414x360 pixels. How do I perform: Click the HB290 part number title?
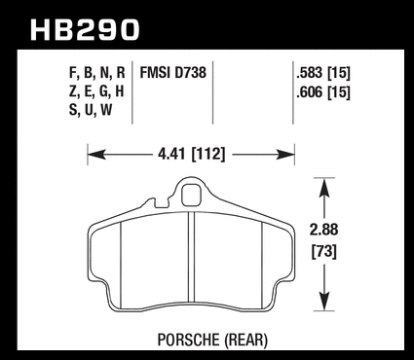(85, 29)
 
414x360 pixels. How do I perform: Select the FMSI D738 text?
(172, 72)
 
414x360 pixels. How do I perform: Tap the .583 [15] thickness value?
(323, 73)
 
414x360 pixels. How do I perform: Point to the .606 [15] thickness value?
(323, 93)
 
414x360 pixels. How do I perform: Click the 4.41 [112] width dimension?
(191, 154)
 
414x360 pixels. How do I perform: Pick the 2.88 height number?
(324, 230)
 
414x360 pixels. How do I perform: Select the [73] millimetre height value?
(324, 251)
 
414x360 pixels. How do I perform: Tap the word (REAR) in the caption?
(245, 341)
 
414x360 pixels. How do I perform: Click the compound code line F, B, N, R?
(96, 73)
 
